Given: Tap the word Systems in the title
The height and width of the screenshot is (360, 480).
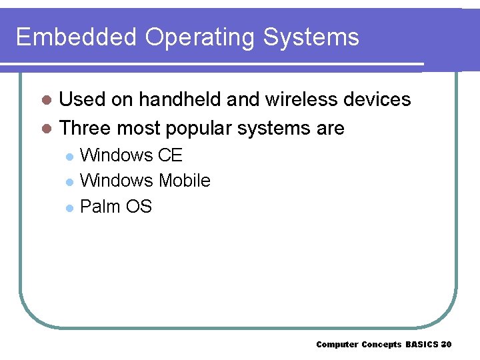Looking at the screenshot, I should (x=311, y=38).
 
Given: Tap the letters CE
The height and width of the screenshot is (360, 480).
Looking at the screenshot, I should (x=170, y=155).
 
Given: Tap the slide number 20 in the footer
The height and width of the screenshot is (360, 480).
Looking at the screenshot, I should (x=447, y=345).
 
